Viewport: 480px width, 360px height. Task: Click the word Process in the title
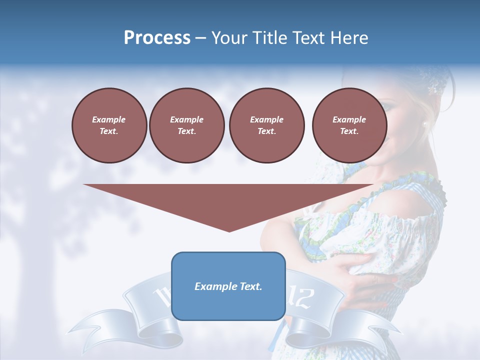pyautogui.click(x=157, y=38)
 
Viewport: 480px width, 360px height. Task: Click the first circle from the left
pyautogui.click(x=109, y=125)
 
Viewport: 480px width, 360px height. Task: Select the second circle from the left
pyautogui.click(x=186, y=125)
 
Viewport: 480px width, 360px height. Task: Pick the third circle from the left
pyautogui.click(x=266, y=125)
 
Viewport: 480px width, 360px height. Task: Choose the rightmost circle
pyautogui.click(x=349, y=125)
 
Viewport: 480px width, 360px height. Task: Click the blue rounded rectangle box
pyautogui.click(x=228, y=305)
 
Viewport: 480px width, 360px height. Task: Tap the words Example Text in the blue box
pyautogui.click(x=228, y=286)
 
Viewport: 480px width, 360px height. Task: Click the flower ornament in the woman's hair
pyautogui.click(x=432, y=87)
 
